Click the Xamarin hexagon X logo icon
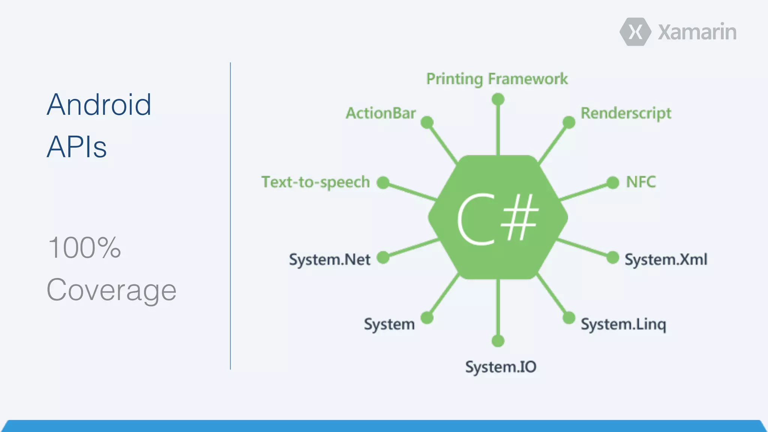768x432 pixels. point(635,32)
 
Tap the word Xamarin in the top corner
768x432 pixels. point(697,32)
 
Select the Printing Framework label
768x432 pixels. point(497,79)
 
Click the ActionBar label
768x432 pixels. point(381,113)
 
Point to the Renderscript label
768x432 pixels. point(626,113)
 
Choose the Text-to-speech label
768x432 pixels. point(316,182)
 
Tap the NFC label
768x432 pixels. point(641,182)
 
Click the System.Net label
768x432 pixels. point(330,259)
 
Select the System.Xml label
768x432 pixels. point(666,259)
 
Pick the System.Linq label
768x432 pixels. point(623,324)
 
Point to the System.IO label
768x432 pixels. point(501,367)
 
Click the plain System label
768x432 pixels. point(389,324)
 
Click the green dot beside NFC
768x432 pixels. point(613,183)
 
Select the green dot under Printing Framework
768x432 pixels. point(498,99)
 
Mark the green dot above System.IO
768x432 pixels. point(498,341)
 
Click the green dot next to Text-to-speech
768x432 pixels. point(383,183)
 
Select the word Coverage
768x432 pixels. point(111,290)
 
